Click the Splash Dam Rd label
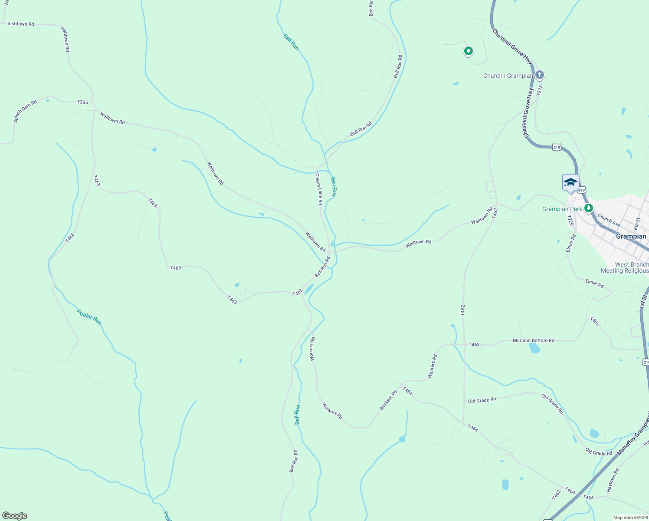point(25,111)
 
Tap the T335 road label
point(82,102)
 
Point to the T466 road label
point(70,237)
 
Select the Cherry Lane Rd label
point(319,189)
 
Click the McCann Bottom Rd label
point(533,341)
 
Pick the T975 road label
point(539,90)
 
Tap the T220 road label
point(570,221)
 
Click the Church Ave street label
point(609,220)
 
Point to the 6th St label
point(637,224)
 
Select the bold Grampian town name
point(631,237)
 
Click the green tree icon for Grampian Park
point(589,208)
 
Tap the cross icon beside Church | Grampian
point(539,75)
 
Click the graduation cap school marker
point(570,182)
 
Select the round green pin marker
point(468,51)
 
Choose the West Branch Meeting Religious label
point(625,267)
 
